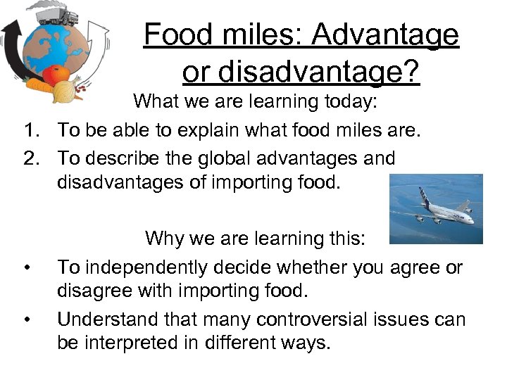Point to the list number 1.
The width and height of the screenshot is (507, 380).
29,130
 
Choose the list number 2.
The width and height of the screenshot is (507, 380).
29,158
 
